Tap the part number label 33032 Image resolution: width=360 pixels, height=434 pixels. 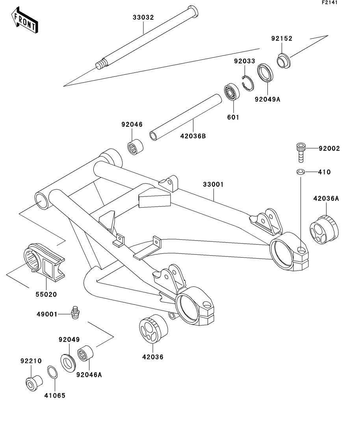coord(143,17)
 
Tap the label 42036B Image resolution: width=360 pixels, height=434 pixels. coord(193,136)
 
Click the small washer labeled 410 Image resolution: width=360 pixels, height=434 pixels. coord(301,172)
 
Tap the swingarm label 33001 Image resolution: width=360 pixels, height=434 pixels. coord(214,184)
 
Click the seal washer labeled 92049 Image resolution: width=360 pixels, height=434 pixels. coord(69,362)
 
